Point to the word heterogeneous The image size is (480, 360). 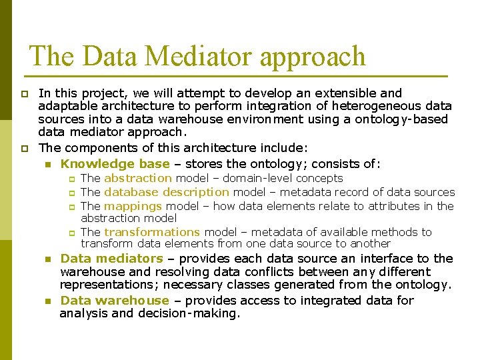[370, 106]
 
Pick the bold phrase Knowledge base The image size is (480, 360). [115, 163]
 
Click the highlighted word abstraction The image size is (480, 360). [138, 178]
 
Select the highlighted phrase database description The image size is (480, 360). [167, 192]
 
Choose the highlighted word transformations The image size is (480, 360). [152, 232]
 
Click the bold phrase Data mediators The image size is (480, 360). [111, 258]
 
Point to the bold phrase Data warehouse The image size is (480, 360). [115, 300]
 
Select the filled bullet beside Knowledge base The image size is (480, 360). [48, 164]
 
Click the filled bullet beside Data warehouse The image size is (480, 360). [48, 301]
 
